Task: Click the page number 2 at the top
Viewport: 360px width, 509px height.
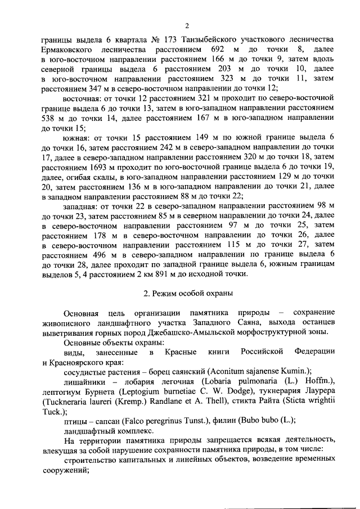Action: pos(188,24)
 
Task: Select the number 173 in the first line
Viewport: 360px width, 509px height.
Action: pos(169,40)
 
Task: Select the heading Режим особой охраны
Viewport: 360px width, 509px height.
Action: pos(191,293)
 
